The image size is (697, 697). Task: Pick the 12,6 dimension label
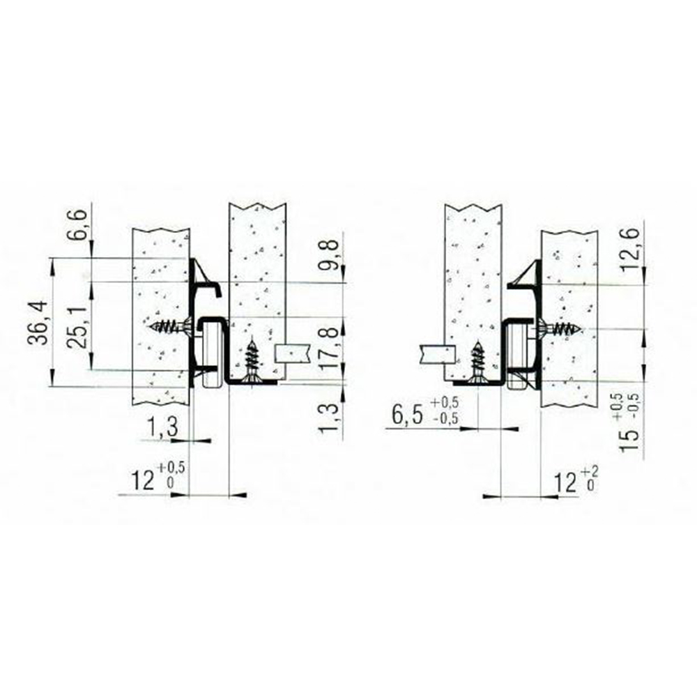[x=630, y=250]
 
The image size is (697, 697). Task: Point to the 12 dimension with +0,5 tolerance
[x=158, y=477]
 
